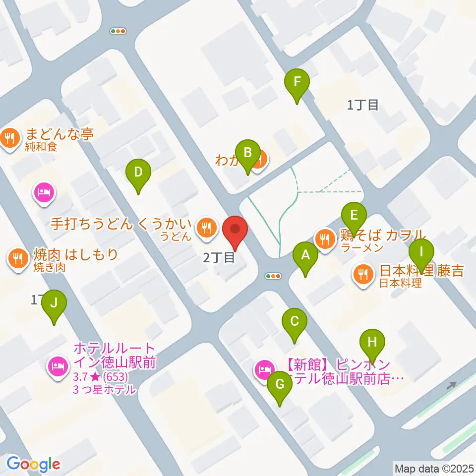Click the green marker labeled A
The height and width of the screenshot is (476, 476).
pyautogui.click(x=305, y=256)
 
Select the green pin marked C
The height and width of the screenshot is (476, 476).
pyautogui.click(x=294, y=322)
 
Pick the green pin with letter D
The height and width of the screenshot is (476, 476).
pyautogui.click(x=138, y=173)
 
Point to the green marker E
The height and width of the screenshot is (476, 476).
pyautogui.click(x=354, y=216)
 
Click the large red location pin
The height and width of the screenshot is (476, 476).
pyautogui.click(x=235, y=231)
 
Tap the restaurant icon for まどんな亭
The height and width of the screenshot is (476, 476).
pyautogui.click(x=10, y=136)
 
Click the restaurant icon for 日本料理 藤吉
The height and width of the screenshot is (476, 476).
pyautogui.click(x=363, y=273)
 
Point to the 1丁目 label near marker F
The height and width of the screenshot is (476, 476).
pyautogui.click(x=363, y=105)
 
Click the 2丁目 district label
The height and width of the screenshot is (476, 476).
pyautogui.click(x=219, y=257)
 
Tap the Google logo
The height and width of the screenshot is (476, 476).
pyautogui.click(x=33, y=464)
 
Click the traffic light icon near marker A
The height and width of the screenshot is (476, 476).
pyautogui.click(x=273, y=276)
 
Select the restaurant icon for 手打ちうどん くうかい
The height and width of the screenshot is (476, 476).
pyautogui.click(x=205, y=228)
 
